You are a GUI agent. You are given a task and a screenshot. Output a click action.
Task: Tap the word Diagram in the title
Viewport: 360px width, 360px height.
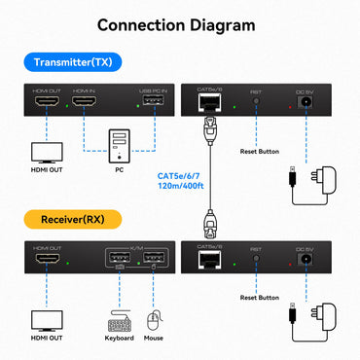tap(219, 24)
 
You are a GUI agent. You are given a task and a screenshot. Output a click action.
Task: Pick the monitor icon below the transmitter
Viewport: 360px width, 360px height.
tap(46, 154)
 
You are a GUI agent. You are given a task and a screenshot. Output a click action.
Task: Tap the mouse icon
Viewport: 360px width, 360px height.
tap(152, 320)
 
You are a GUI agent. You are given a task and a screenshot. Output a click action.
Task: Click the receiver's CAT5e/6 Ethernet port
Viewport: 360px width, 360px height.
tap(207, 260)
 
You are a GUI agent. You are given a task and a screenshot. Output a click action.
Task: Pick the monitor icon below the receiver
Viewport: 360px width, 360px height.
tap(46, 320)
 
